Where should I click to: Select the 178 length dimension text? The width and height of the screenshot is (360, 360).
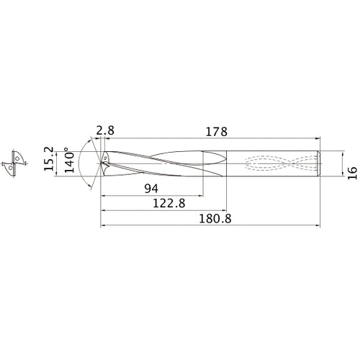[x=216, y=132]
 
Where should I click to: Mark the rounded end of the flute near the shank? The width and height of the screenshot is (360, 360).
[x=216, y=163]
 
